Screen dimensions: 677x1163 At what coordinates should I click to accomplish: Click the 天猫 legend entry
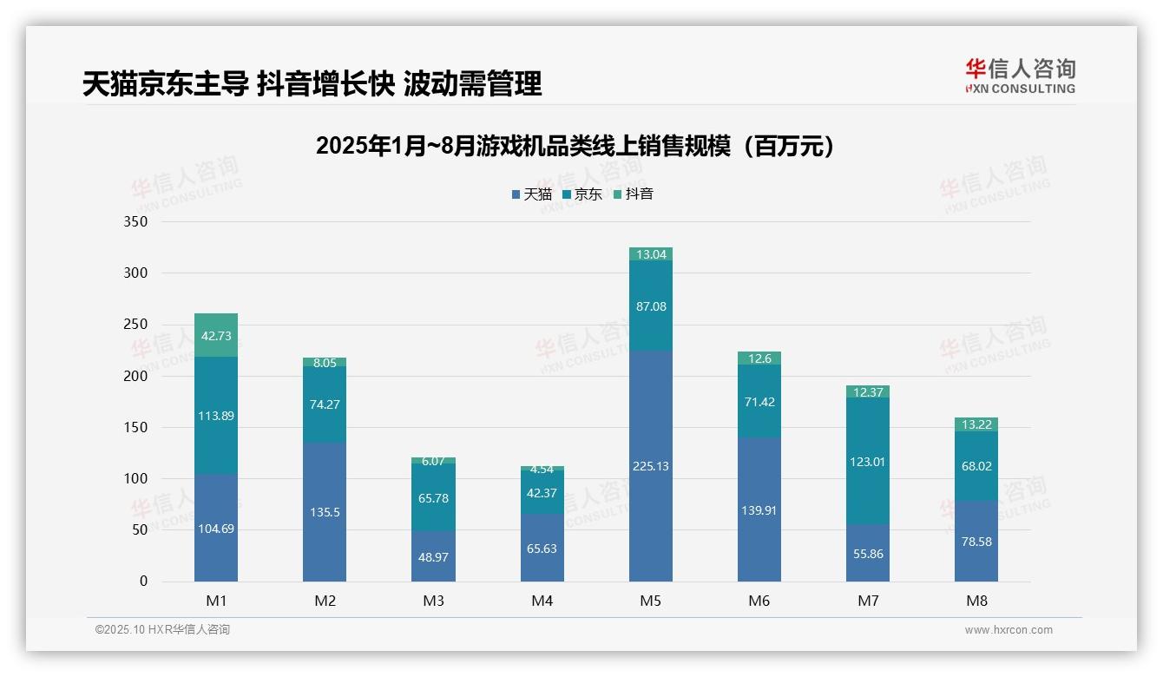pyautogui.click(x=531, y=194)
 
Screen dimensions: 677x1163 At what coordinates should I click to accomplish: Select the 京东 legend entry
pyautogui.click(x=582, y=194)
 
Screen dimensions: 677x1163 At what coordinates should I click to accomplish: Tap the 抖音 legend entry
pyautogui.click(x=634, y=194)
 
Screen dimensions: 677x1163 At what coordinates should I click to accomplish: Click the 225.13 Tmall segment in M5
pyautogui.click(x=650, y=466)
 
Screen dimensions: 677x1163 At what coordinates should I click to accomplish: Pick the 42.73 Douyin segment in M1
pyautogui.click(x=216, y=336)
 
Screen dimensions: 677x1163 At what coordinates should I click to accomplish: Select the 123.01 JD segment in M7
pyautogui.click(x=867, y=462)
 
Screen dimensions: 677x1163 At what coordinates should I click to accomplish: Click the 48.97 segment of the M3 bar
pyautogui.click(x=433, y=556)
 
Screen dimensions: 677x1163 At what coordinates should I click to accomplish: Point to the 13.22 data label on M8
pyautogui.click(x=976, y=424)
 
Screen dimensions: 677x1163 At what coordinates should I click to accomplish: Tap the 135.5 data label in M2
pyautogui.click(x=325, y=512)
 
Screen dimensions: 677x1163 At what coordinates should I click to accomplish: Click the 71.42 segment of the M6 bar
pyautogui.click(x=759, y=401)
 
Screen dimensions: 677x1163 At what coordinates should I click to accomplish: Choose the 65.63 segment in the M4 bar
pyautogui.click(x=542, y=549)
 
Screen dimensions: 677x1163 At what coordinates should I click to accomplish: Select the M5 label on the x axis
pyautogui.click(x=650, y=601)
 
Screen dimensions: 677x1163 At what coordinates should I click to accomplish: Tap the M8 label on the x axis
pyautogui.click(x=976, y=601)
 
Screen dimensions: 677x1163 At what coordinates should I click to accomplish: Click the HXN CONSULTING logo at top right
pyautogui.click(x=1020, y=76)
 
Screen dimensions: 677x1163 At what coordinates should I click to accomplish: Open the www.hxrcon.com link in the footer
pyautogui.click(x=1008, y=630)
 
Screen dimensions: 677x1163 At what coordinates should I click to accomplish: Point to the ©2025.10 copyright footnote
pyautogui.click(x=162, y=630)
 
